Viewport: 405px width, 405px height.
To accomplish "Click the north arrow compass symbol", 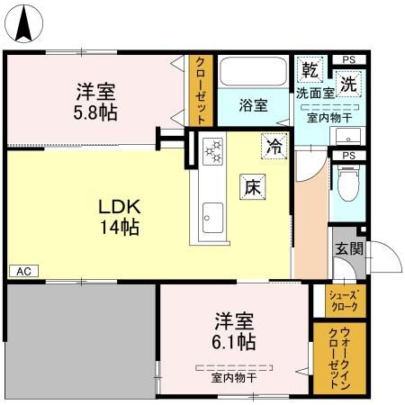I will pyautogui.click(x=27, y=22).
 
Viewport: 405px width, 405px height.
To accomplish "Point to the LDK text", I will pyautogui.click(x=120, y=205).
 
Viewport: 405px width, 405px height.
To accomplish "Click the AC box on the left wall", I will pyautogui.click(x=22, y=271).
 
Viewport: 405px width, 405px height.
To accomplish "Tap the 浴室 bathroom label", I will pyautogui.click(x=253, y=105).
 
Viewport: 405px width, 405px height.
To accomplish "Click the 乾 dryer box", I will pyautogui.click(x=310, y=69).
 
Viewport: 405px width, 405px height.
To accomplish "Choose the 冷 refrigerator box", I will pyautogui.click(x=274, y=144).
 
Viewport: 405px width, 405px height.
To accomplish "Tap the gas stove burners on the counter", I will pyautogui.click(x=213, y=151).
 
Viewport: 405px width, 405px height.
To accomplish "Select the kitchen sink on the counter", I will pyautogui.click(x=213, y=217).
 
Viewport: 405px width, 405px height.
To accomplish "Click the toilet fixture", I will pyautogui.click(x=347, y=185).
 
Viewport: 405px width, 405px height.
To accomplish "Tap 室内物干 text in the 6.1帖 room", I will pyautogui.click(x=234, y=378).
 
